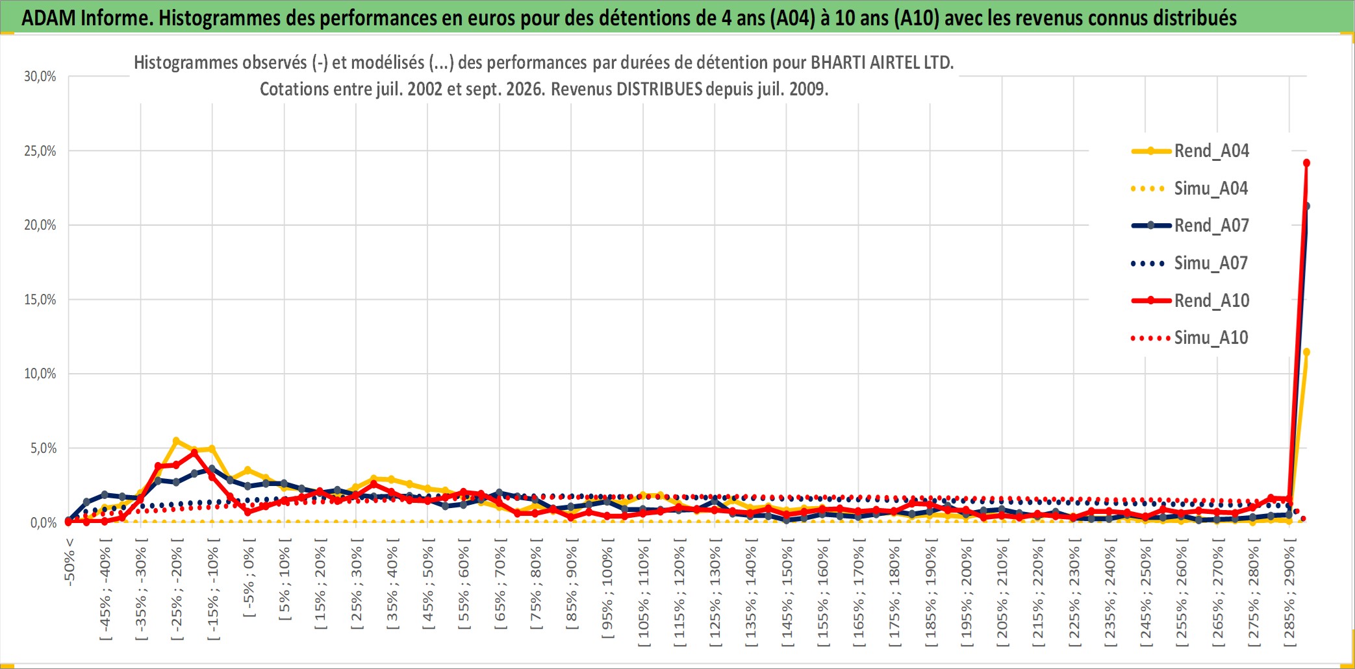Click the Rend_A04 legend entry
pyautogui.click(x=1190, y=151)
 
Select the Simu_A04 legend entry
pyautogui.click(x=1190, y=188)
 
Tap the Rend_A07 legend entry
pyautogui.click(x=1190, y=225)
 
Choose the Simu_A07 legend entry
pyautogui.click(x=1190, y=263)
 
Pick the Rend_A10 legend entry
pyautogui.click(x=1190, y=300)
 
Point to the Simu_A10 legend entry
pyautogui.click(x=1190, y=337)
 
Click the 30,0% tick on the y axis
pyautogui.click(x=40, y=77)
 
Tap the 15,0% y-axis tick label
pyautogui.click(x=40, y=300)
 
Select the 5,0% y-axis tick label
pyautogui.click(x=44, y=448)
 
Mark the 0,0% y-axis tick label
pyautogui.click(x=44, y=522)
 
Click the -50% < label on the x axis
pyautogui.click(x=70, y=562)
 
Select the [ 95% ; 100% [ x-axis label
pyautogui.click(x=607, y=592)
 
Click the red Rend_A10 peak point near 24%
pyautogui.click(x=1306, y=163)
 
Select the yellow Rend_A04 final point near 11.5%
pyautogui.click(x=1306, y=352)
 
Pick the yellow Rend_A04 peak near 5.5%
pyautogui.click(x=176, y=441)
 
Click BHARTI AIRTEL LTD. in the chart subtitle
pyautogui.click(x=882, y=63)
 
